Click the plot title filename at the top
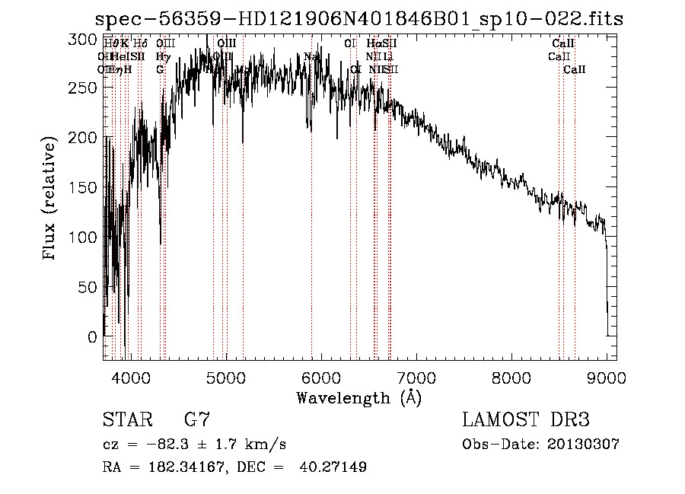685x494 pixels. pyautogui.click(x=358, y=20)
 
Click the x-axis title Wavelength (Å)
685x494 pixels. pyautogui.click(x=358, y=397)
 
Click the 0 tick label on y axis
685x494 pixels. pyautogui.click(x=94, y=336)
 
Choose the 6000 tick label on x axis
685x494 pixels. pyautogui.click(x=321, y=376)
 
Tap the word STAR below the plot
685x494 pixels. pyautogui.click(x=126, y=420)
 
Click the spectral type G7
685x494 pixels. pyautogui.click(x=196, y=420)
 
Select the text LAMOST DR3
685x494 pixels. pyautogui.click(x=525, y=420)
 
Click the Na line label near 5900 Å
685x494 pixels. pyautogui.click(x=311, y=57)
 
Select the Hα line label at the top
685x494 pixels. pyautogui.click(x=373, y=44)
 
